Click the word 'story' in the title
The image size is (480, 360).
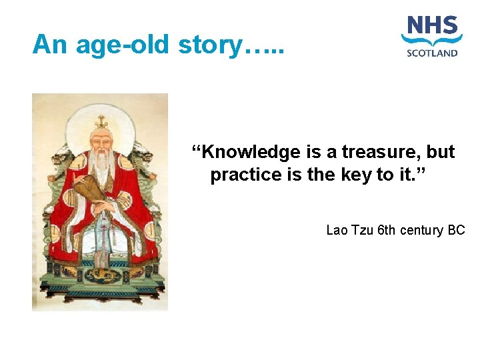[219, 45]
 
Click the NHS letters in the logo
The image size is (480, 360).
[433, 27]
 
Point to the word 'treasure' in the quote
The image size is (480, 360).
[379, 153]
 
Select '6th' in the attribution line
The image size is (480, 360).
[388, 231]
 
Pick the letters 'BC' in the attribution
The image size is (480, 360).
[456, 231]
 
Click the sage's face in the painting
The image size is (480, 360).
[101, 145]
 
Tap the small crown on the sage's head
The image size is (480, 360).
[101, 123]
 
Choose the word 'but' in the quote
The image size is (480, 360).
[441, 153]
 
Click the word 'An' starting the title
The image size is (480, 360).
[51, 45]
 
